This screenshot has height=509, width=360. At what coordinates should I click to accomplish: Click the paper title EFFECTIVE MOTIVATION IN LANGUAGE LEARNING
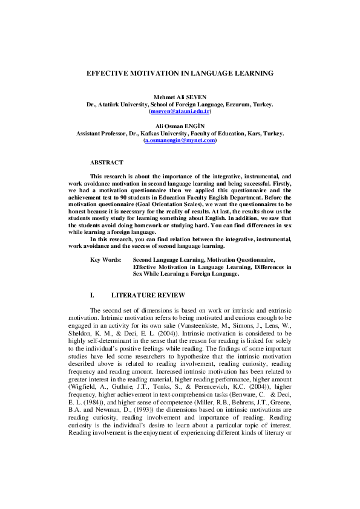click(x=180, y=73)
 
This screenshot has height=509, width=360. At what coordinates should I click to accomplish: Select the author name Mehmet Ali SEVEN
click(x=180, y=97)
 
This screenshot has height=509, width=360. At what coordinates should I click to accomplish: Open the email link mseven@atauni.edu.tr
click(x=180, y=112)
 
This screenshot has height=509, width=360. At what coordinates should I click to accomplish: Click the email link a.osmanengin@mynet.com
click(x=180, y=140)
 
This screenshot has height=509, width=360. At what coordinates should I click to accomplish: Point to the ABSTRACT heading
click(x=106, y=163)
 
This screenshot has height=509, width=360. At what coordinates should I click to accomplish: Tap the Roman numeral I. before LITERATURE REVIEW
click(x=93, y=296)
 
